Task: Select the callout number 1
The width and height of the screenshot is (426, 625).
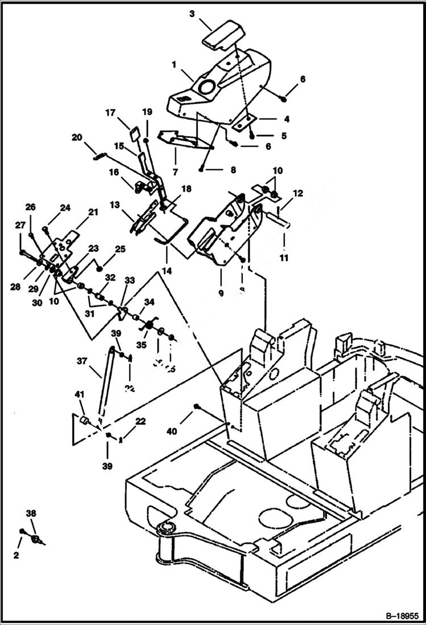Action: coord(174,66)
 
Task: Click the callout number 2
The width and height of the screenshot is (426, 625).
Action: coord(16,554)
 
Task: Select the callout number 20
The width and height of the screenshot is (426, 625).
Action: coord(77,137)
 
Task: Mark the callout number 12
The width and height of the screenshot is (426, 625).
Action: coord(299,194)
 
